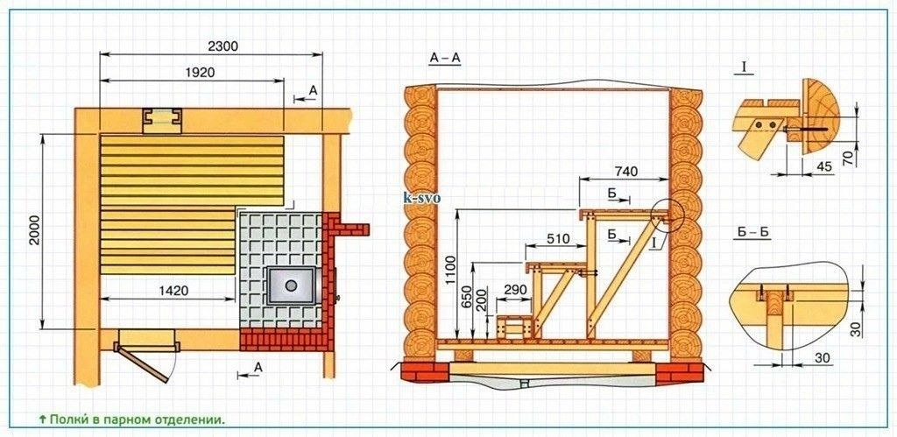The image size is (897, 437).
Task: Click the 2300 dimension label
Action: click(223, 46)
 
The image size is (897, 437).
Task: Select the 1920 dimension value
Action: click(200, 73)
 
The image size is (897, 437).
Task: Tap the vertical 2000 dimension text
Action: click(35, 230)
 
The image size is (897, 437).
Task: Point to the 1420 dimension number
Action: click(173, 291)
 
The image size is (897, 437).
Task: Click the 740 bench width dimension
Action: click(625, 171)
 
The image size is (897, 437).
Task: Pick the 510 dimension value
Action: click(558, 238)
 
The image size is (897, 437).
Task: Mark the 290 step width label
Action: click(515, 289)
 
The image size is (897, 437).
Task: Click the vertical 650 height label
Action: click(466, 296)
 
